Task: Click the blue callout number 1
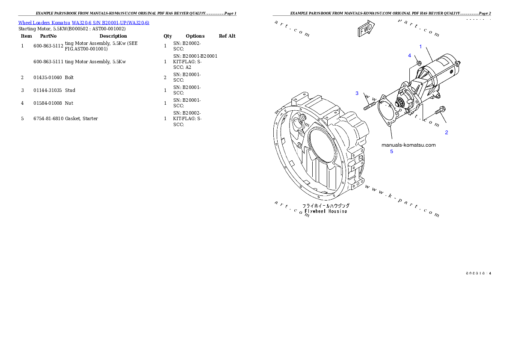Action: coord(420,47)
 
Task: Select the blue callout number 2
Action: coord(447,133)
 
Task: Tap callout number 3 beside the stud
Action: coord(357,93)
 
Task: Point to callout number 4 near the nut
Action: coord(409,56)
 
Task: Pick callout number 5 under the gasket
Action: coord(391,151)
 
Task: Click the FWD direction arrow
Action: coord(366,30)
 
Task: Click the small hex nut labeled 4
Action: coord(419,63)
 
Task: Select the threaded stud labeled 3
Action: coord(370,105)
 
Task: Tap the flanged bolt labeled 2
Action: coord(440,111)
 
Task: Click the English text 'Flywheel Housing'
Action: coord(326,211)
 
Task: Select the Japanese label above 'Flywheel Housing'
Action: coord(326,206)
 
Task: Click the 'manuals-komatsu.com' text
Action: coord(408,145)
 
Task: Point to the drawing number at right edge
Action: coord(478,273)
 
